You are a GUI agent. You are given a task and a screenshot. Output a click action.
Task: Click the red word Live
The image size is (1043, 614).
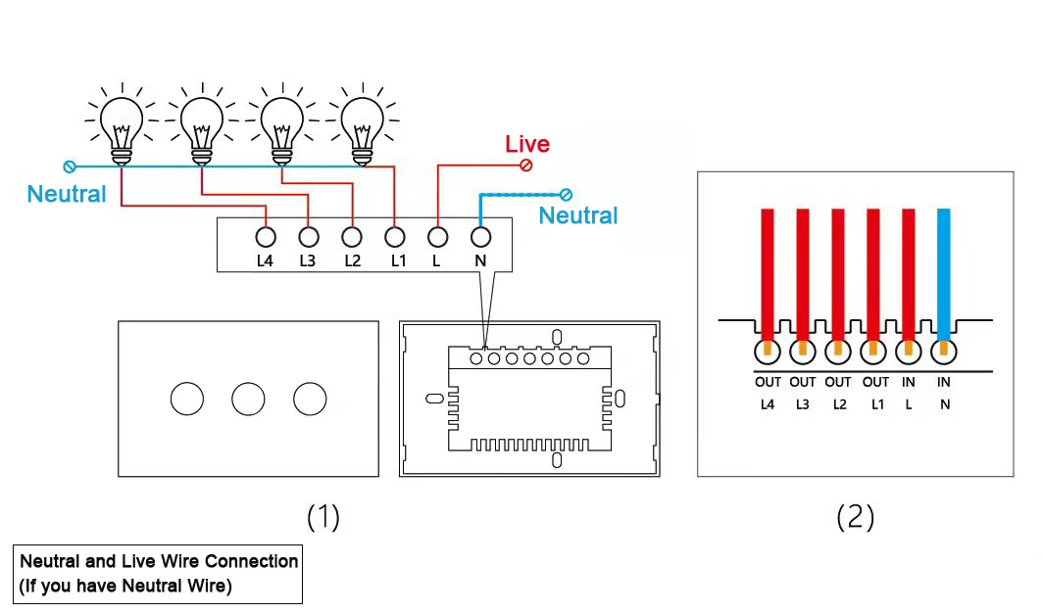pos(527,144)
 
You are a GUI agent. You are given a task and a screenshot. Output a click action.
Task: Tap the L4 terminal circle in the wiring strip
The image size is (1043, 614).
pos(265,236)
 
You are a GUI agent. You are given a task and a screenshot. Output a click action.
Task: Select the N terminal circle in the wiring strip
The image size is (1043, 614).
pos(480,236)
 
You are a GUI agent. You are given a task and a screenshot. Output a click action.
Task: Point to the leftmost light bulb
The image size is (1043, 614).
pos(121,123)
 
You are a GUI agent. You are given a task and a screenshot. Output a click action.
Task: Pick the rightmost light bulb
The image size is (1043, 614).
pos(362,123)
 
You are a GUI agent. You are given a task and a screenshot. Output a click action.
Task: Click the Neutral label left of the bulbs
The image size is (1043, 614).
pos(67,194)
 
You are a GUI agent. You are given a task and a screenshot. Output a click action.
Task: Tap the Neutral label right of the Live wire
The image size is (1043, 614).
pos(578,215)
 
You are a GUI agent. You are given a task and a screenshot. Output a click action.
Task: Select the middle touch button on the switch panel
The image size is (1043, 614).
pos(249,399)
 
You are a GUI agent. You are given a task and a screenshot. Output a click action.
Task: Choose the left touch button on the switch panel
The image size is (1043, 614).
pos(187,399)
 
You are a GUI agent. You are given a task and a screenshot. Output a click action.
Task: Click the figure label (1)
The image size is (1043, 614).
pos(323,516)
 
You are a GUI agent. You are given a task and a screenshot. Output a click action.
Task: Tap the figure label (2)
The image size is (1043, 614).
pos(855,516)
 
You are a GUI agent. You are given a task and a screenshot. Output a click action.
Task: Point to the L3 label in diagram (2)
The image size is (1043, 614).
pos(803,403)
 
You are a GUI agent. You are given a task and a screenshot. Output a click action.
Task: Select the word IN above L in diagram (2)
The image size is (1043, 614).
pos(909,382)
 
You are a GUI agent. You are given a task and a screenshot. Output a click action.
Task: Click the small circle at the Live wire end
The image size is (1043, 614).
pos(527,165)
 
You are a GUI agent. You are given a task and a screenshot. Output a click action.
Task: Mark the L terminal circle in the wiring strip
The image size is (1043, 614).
pos(438,236)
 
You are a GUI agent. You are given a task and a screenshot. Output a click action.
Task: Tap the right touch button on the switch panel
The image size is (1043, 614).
pos(310,399)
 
